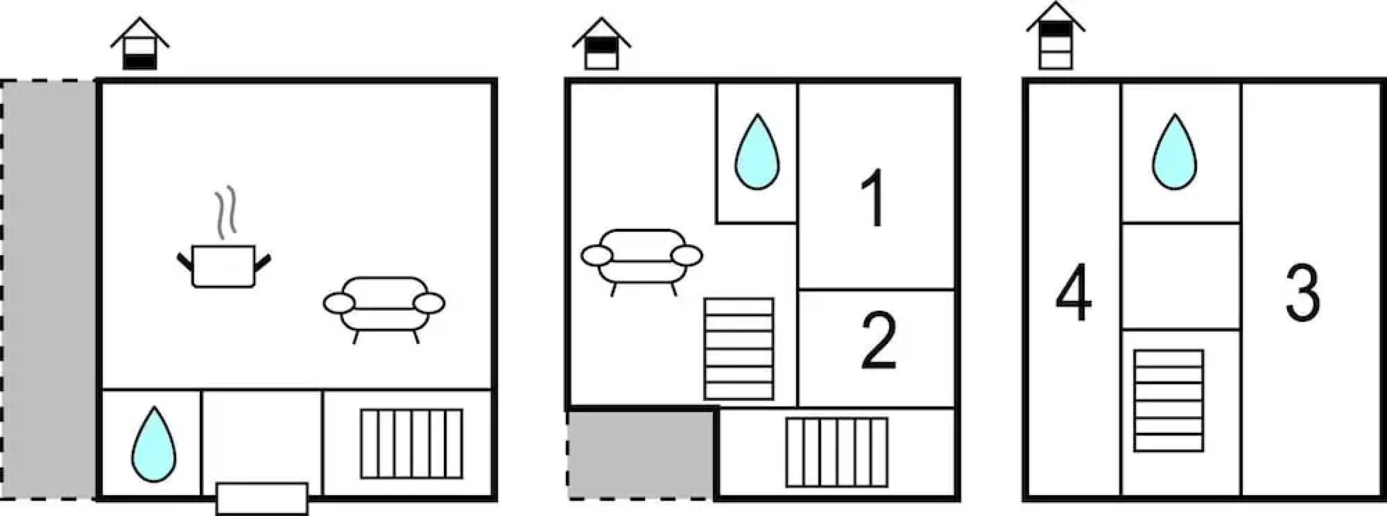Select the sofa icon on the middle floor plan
[641, 258]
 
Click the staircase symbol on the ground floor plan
[411, 444]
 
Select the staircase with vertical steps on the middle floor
[836, 452]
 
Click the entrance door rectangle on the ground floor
[262, 498]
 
